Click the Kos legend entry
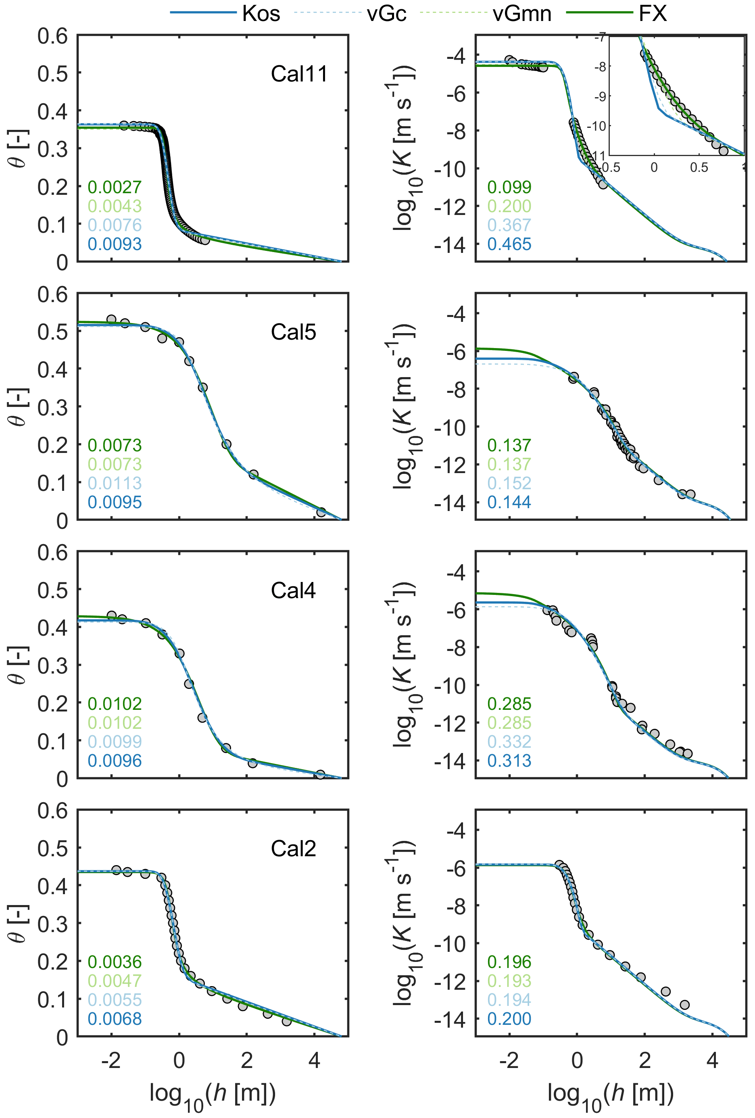coord(261,13)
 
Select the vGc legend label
coord(386,13)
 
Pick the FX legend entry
coord(653,13)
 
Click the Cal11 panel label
coord(299,74)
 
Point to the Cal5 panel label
coord(293,332)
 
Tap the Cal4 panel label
coord(293,590)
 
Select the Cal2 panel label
coord(293,849)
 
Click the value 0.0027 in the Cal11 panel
coord(115,187)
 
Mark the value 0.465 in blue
coord(509,244)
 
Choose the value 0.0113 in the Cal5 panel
coord(115,483)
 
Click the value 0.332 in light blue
coord(509,741)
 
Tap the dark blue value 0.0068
coord(115,1018)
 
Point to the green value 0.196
coord(509,962)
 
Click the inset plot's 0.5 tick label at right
coord(699,167)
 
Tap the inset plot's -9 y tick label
coord(600,96)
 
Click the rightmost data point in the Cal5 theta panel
coord(321,512)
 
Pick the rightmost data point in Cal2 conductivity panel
coord(685,1005)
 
